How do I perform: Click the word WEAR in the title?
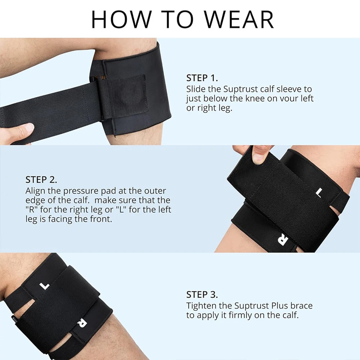pos(239,19)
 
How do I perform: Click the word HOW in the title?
pos(122,19)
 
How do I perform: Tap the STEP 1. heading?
pos(202,78)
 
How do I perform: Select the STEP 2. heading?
pos(41,180)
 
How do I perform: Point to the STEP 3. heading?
pos(202,295)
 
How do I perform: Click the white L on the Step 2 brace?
pos(318,192)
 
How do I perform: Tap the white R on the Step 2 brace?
pos(283,240)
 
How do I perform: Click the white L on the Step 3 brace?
pos(44,286)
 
